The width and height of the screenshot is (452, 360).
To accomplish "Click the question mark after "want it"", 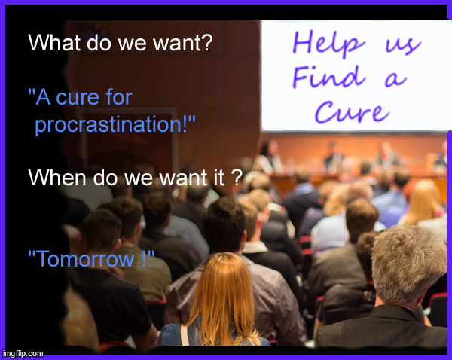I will pos(237,178).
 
